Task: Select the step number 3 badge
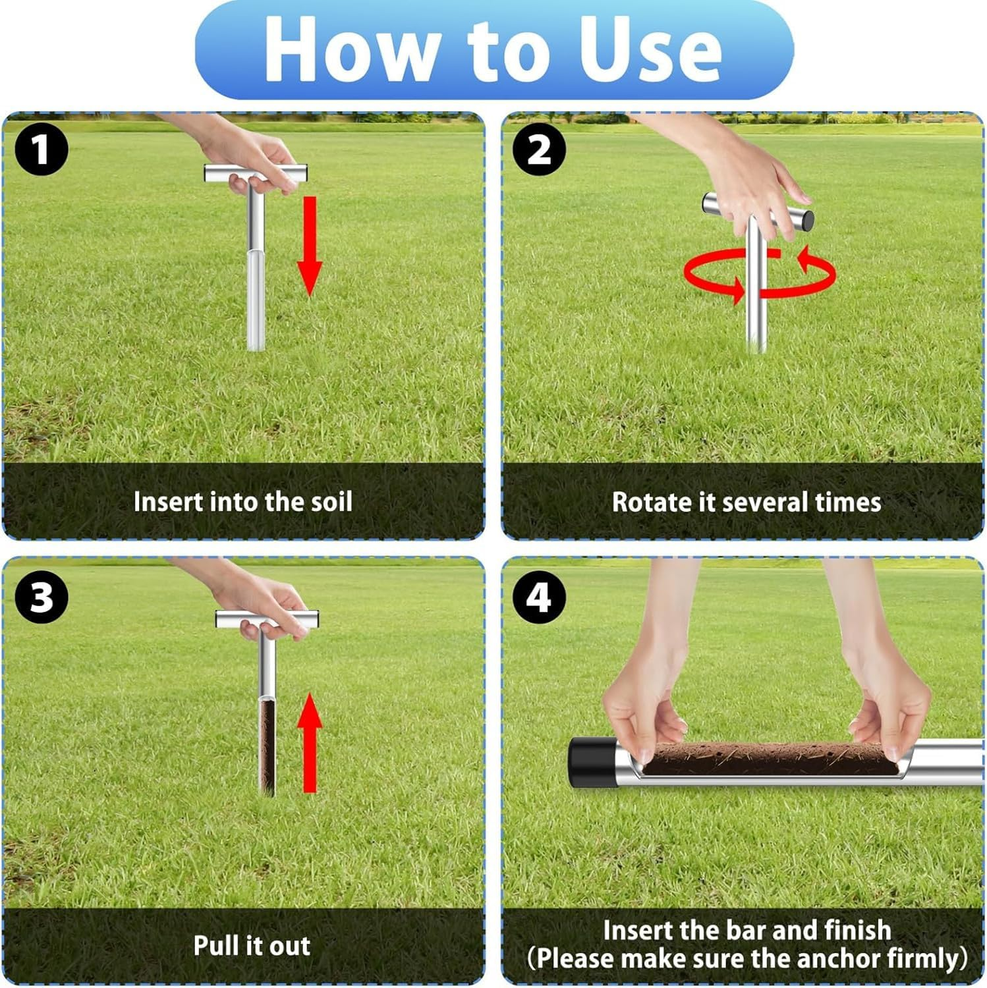(42, 597)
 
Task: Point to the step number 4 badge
(540, 597)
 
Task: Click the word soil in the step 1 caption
(330, 502)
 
